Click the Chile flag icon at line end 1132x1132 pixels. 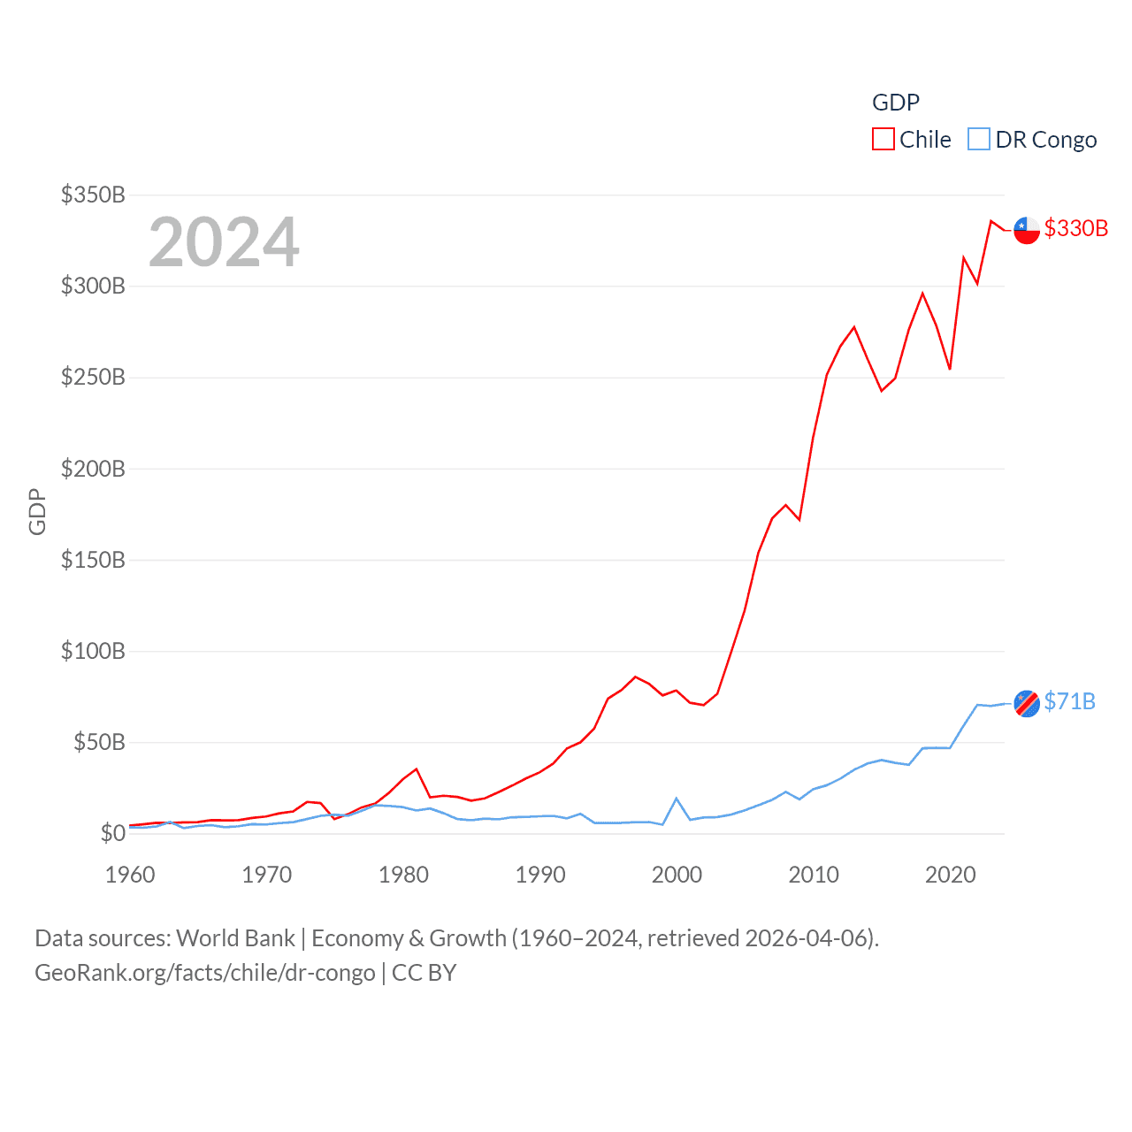(x=1027, y=230)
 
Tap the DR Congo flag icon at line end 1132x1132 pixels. (x=1027, y=703)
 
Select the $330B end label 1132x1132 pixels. (x=1075, y=228)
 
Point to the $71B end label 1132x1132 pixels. (x=1069, y=701)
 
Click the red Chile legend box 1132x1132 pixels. (x=883, y=140)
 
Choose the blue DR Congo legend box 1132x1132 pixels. (x=978, y=140)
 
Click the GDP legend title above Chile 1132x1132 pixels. (x=895, y=103)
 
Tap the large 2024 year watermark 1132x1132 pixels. (x=224, y=242)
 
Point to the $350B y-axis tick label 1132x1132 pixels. (x=93, y=195)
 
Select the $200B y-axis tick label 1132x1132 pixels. (x=93, y=469)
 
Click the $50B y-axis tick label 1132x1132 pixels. (x=99, y=742)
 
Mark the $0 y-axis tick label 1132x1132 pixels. (x=112, y=833)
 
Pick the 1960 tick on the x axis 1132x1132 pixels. (x=130, y=875)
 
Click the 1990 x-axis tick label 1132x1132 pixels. (x=540, y=875)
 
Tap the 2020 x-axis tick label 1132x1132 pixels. (x=951, y=875)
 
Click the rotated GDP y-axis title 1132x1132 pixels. (x=37, y=511)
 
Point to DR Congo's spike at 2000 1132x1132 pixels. (x=677, y=799)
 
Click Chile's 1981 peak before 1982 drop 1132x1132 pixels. (x=417, y=769)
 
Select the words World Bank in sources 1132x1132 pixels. (x=235, y=937)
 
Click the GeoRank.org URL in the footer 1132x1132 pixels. (x=205, y=973)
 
